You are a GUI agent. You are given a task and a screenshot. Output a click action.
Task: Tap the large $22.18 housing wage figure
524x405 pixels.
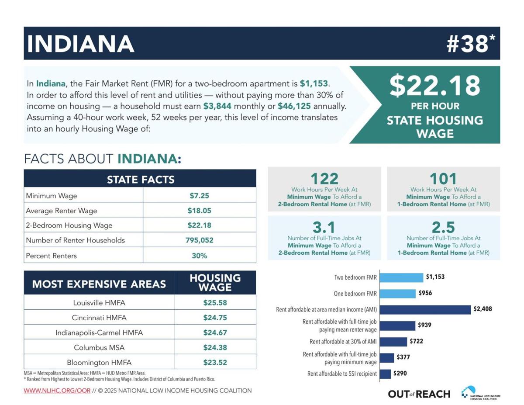435,86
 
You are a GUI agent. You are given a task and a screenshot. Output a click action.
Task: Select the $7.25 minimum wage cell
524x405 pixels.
199,196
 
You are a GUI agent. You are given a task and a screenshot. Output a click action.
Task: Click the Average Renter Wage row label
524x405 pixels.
62,211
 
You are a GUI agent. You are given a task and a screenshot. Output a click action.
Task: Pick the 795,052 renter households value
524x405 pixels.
199,240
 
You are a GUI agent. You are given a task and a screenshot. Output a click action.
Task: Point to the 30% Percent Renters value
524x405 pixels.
199,256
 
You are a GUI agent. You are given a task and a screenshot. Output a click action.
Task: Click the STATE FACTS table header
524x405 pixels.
140,179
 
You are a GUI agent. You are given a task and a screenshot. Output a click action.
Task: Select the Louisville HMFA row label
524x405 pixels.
99,302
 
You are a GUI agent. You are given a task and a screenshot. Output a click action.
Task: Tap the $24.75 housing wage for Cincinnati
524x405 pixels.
215,318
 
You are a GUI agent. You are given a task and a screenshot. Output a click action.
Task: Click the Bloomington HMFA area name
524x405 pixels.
99,362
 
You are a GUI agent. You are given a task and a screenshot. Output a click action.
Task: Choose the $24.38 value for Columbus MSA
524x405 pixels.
215,347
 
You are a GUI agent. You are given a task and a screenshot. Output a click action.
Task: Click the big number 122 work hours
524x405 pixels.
324,179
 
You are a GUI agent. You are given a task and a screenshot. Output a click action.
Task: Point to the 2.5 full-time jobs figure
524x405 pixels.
443,227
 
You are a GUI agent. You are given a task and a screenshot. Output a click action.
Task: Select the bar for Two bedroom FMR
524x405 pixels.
401,277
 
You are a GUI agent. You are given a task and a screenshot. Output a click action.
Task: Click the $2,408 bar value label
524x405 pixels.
483,309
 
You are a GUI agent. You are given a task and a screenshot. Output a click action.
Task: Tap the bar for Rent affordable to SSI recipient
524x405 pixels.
385,374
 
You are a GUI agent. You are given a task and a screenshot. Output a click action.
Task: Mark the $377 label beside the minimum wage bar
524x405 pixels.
403,357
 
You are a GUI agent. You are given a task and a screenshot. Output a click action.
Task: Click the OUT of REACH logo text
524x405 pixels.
419,394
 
